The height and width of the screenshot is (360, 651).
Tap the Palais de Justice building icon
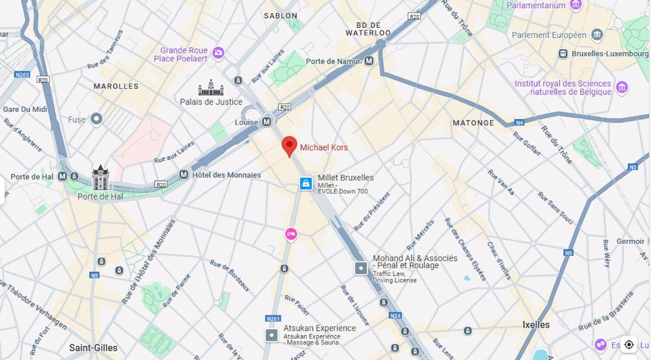[211, 88]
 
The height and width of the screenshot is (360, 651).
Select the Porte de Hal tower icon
[100, 178]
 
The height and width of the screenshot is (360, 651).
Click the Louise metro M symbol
[266, 122]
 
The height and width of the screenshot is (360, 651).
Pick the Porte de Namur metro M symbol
[369, 61]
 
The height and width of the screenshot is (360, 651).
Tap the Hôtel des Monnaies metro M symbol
[183, 175]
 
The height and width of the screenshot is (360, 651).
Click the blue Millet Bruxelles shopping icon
[305, 184]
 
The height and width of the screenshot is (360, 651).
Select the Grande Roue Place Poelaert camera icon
[218, 54]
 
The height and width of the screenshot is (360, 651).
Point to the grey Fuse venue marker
[96, 119]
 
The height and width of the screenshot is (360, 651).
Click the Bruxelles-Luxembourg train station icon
[563, 54]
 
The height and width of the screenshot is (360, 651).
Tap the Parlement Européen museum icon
[597, 35]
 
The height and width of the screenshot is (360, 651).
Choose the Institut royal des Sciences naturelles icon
[621, 88]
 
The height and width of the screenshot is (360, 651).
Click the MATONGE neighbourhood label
[473, 123]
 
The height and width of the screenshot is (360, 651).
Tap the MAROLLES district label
[116, 86]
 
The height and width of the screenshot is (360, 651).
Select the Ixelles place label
[536, 324]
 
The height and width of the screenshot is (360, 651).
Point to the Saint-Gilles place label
[94, 348]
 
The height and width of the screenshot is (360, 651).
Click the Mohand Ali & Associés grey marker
[361, 268]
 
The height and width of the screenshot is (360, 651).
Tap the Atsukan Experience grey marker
[271, 335]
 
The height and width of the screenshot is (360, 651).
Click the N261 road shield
[273, 319]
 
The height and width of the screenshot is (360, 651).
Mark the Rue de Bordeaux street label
[230, 275]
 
